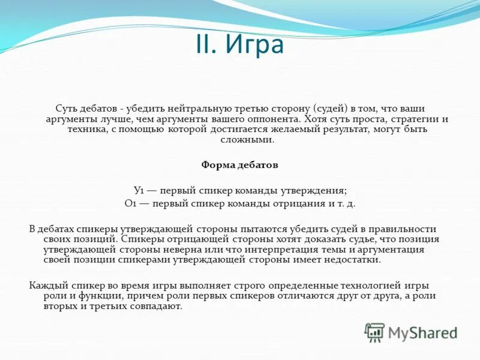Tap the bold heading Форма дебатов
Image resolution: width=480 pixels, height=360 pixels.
(x=239, y=164)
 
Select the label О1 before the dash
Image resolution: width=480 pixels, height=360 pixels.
(x=131, y=203)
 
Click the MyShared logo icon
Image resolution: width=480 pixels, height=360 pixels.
(x=376, y=332)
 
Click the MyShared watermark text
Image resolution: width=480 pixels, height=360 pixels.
(x=422, y=332)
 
